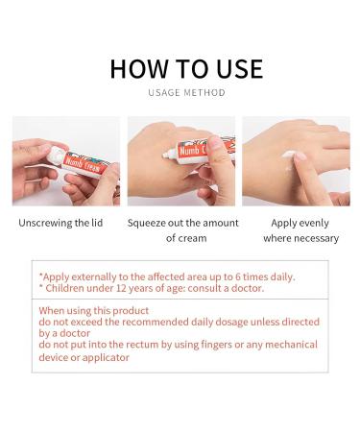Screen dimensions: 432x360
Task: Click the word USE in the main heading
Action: point(234,68)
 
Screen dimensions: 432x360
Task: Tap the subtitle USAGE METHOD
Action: point(186,93)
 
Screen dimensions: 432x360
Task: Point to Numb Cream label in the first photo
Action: point(86,165)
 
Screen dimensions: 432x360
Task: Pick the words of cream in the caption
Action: point(186,238)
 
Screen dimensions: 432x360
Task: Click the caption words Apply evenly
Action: point(300,222)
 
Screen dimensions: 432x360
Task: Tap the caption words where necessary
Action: point(300,238)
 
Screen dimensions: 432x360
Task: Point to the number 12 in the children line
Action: point(107,288)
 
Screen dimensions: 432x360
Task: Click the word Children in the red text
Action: point(63,288)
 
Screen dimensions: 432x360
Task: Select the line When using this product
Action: point(94,311)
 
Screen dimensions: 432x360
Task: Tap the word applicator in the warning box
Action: point(102,357)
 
